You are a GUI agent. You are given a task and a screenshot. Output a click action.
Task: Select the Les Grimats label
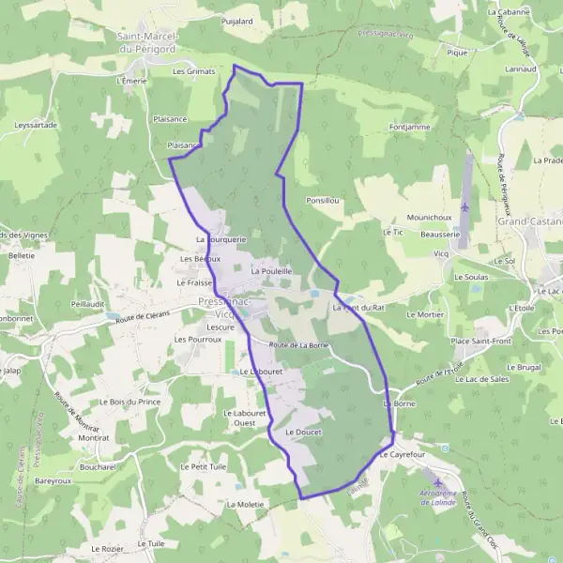(194, 70)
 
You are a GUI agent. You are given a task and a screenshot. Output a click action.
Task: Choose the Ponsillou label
(323, 201)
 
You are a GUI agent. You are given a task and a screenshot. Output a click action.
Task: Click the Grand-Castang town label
(530, 222)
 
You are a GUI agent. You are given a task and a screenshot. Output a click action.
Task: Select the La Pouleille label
(271, 270)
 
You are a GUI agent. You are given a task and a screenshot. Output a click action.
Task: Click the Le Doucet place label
(303, 432)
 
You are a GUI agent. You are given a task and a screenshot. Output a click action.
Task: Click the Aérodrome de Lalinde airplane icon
(438, 481)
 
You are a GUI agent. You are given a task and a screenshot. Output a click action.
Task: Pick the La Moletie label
(245, 504)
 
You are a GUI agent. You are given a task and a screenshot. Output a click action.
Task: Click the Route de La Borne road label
(298, 345)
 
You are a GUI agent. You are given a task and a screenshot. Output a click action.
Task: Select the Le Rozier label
(108, 547)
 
